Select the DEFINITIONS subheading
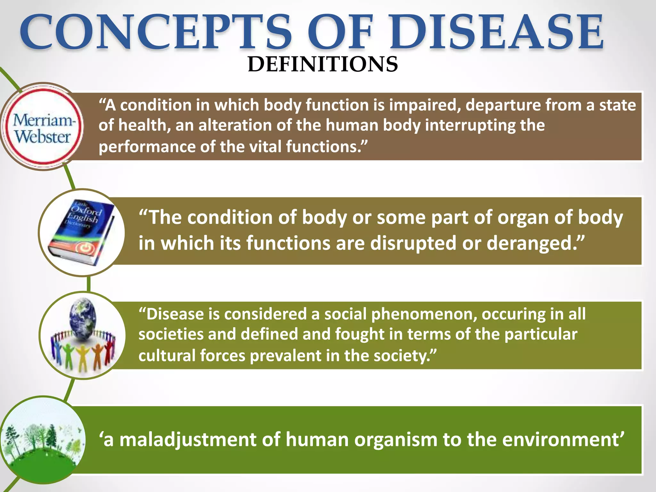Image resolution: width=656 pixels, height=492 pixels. [x=323, y=64]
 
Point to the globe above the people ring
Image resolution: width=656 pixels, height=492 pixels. [x=83, y=317]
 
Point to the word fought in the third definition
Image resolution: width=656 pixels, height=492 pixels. [x=359, y=334]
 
